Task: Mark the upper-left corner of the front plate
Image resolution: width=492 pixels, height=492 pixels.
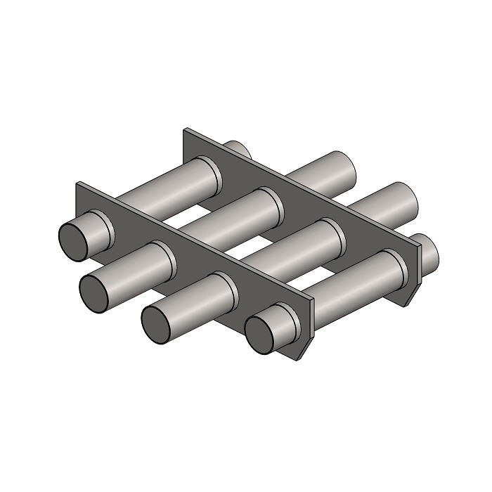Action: [79, 184]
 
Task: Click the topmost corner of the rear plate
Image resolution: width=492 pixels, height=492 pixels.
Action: [186, 129]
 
